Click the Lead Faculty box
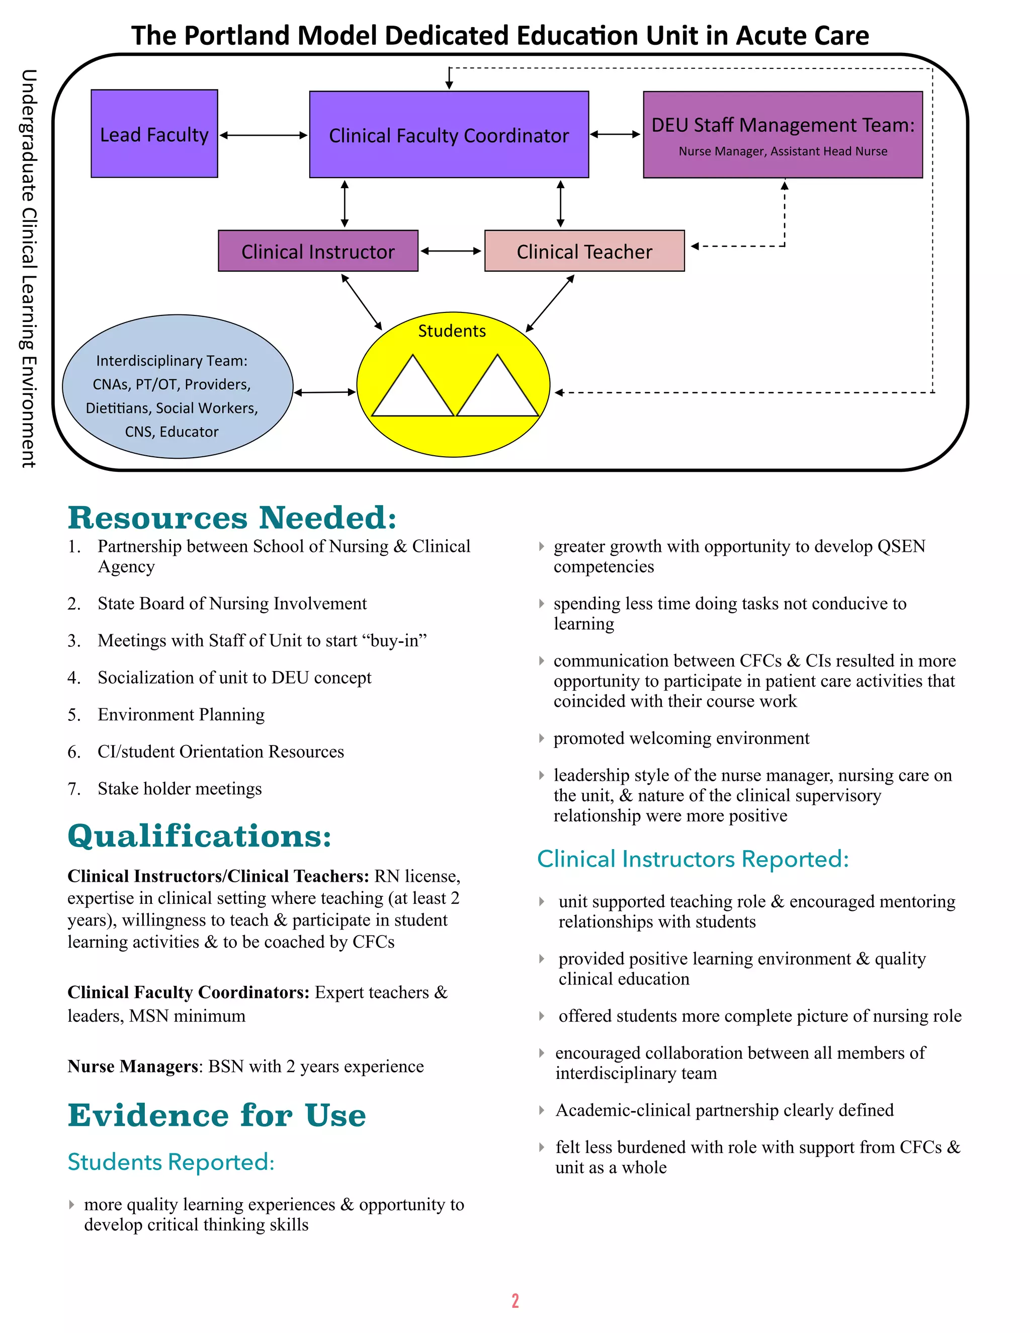click(154, 134)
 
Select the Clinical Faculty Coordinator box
click(449, 135)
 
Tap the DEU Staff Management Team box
click(783, 135)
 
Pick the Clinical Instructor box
click(318, 251)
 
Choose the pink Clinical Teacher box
click(584, 251)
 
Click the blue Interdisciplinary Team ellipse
click(178, 386)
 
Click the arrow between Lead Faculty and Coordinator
click(264, 135)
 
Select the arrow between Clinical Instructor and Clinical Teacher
click(451, 251)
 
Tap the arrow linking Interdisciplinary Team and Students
click(324, 392)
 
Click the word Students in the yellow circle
click(452, 331)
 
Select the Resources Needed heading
click(232, 518)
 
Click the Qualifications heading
click(200, 836)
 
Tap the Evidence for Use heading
click(217, 1115)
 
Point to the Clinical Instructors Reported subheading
click(693, 859)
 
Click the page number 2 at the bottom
click(515, 1301)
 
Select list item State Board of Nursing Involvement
click(232, 604)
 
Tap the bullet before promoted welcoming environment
click(541, 738)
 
